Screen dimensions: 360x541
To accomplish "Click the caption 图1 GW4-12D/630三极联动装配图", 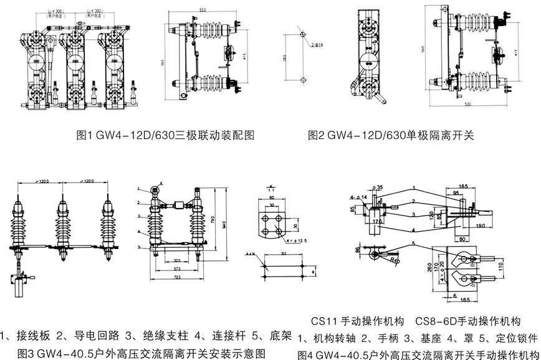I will pyautogui.click(x=164, y=135).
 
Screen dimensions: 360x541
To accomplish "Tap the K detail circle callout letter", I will pyautogui.click(x=160, y=182).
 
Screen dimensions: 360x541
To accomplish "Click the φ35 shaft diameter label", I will pyautogui.click(x=378, y=186).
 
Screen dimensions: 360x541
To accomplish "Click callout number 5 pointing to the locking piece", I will pyautogui.click(x=413, y=242).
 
